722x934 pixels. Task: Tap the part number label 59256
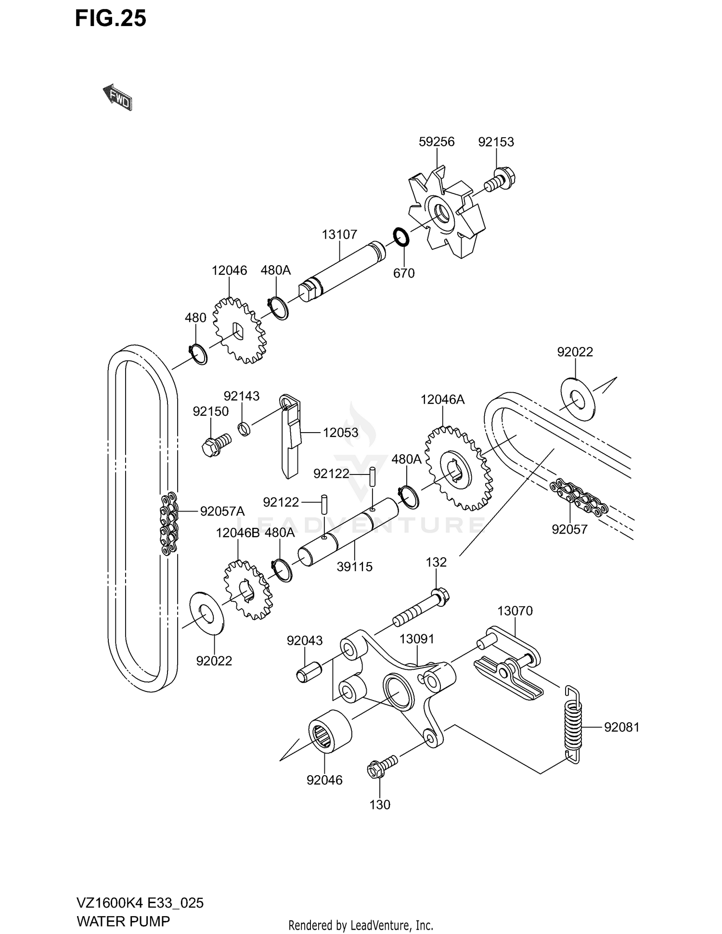(x=437, y=142)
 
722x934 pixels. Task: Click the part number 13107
(x=339, y=234)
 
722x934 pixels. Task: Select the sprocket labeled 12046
(x=239, y=331)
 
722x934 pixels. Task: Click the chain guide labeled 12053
(x=291, y=435)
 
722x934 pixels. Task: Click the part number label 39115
(x=354, y=566)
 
